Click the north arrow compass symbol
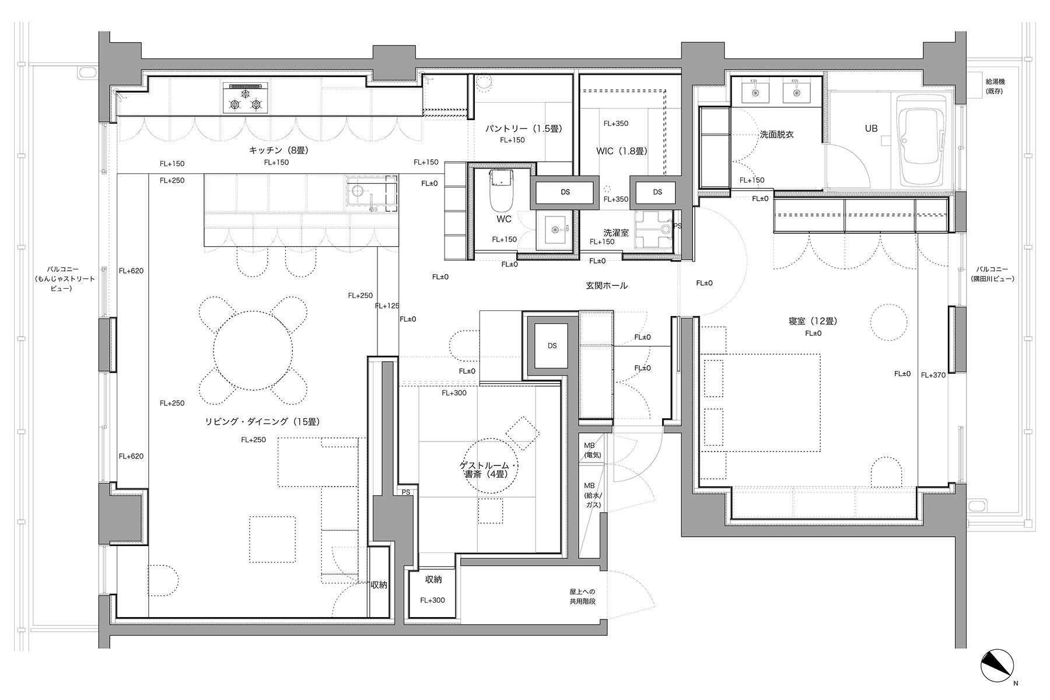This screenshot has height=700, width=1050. (998, 666)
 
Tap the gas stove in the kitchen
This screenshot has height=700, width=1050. (246, 98)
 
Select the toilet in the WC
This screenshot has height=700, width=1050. (500, 191)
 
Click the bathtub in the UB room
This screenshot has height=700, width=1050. (922, 139)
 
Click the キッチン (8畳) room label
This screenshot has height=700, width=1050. (278, 150)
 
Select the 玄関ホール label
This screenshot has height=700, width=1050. (607, 285)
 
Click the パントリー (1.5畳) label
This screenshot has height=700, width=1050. (523, 128)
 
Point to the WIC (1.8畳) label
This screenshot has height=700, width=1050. (621, 151)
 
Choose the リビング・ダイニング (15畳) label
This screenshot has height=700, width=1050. (262, 421)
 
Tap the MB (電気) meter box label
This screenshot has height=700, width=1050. (592, 450)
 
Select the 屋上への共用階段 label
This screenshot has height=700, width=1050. (583, 596)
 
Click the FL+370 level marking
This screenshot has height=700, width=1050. (933, 375)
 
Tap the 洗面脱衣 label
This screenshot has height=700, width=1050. (776, 134)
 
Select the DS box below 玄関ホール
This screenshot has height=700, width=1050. (552, 346)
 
